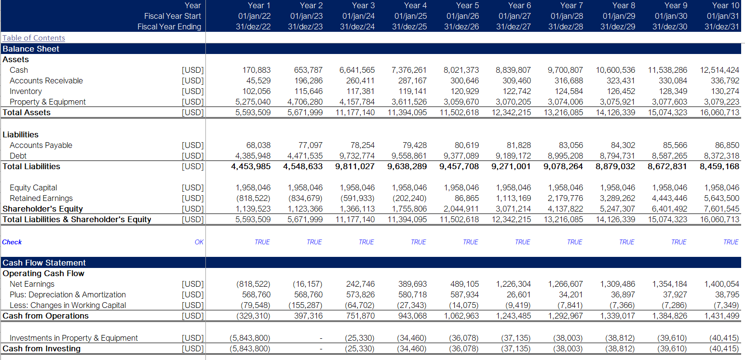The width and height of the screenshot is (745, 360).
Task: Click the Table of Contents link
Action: (34, 38)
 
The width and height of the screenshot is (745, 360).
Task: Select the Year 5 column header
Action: (467, 6)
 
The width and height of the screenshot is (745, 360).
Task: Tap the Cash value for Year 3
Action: (357, 70)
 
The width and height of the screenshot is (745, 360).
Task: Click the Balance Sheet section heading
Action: (30, 49)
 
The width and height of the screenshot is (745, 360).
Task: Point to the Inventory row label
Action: (26, 92)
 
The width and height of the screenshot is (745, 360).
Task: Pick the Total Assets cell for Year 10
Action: (719, 113)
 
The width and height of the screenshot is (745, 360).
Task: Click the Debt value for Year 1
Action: (253, 156)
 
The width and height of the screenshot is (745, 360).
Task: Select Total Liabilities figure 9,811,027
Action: (355, 167)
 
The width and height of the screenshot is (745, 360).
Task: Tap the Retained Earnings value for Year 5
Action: (467, 199)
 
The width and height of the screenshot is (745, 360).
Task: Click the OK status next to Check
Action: (199, 242)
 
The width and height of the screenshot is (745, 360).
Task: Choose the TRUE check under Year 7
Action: (574, 242)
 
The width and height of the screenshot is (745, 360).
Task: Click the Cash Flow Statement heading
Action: (44, 263)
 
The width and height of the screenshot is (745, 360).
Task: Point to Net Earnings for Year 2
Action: (307, 284)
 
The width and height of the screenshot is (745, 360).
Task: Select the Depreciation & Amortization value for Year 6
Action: (519, 295)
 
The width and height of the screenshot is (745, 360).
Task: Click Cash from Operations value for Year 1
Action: (253, 316)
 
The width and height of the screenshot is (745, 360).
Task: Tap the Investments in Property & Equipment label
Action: (73, 338)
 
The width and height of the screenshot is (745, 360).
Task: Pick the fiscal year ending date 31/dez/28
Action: (566, 27)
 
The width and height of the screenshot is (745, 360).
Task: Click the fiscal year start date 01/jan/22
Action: (254, 16)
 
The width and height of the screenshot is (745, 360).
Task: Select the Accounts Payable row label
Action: (41, 145)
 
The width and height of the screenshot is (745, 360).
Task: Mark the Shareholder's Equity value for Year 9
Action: (667, 209)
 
